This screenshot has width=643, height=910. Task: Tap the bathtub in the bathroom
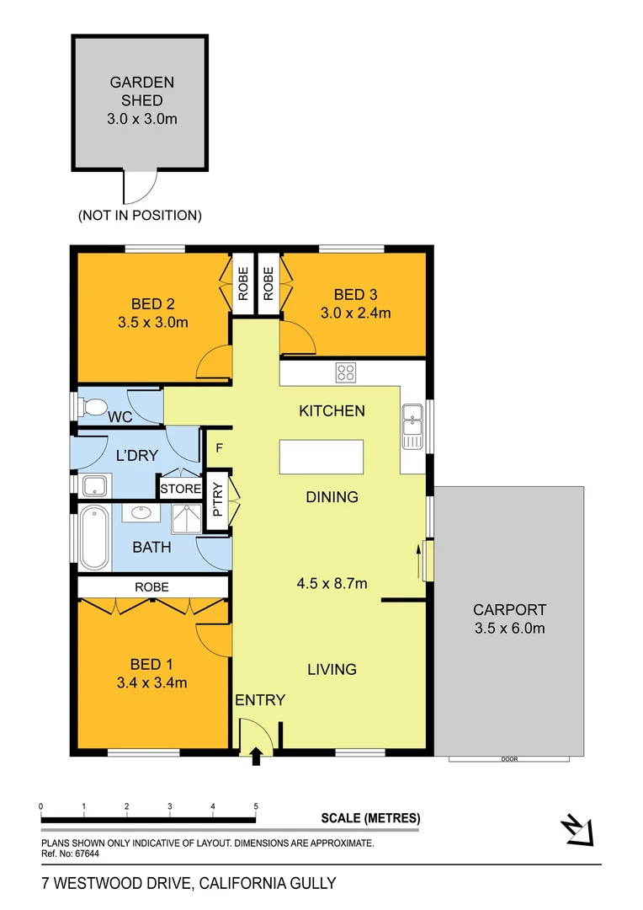(x=93, y=538)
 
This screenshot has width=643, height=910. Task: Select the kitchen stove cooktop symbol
(x=346, y=372)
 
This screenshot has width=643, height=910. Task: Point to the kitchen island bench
(x=322, y=457)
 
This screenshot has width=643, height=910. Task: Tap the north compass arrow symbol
(x=579, y=830)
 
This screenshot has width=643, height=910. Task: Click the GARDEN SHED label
(x=142, y=91)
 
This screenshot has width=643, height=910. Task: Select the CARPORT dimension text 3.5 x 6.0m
(x=509, y=628)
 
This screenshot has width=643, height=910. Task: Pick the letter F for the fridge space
(x=219, y=447)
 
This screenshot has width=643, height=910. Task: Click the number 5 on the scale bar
(x=256, y=806)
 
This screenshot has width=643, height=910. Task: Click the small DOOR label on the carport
(x=509, y=759)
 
